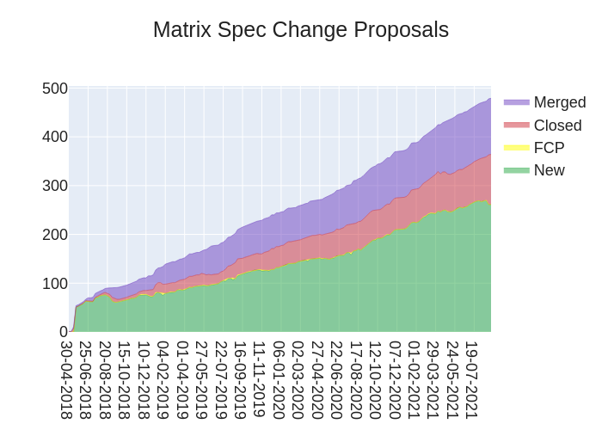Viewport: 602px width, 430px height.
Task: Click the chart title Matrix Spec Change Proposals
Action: point(301,30)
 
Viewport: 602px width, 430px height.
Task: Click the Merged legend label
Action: point(559,102)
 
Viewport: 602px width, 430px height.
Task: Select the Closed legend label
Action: point(557,126)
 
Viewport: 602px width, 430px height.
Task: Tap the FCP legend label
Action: point(549,148)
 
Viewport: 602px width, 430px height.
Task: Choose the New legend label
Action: point(549,170)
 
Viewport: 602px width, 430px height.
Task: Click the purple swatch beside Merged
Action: point(517,102)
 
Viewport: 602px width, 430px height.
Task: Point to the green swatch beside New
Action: point(517,170)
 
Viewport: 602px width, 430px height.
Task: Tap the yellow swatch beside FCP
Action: point(517,148)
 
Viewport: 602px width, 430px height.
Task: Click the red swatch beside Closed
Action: point(517,126)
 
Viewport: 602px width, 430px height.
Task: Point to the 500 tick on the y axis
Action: point(55,89)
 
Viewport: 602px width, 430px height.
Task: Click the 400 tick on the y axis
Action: point(55,137)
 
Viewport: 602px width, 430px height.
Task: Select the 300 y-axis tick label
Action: point(55,186)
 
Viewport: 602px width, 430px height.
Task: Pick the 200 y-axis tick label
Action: point(55,235)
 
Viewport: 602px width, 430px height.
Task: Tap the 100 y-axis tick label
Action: point(55,284)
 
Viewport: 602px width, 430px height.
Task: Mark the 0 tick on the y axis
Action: point(64,332)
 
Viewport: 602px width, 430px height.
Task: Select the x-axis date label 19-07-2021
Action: point(471,379)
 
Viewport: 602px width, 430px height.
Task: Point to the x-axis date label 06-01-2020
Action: point(279,379)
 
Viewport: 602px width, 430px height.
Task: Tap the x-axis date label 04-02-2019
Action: point(163,379)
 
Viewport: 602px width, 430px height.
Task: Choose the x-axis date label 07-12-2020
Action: point(395,379)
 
